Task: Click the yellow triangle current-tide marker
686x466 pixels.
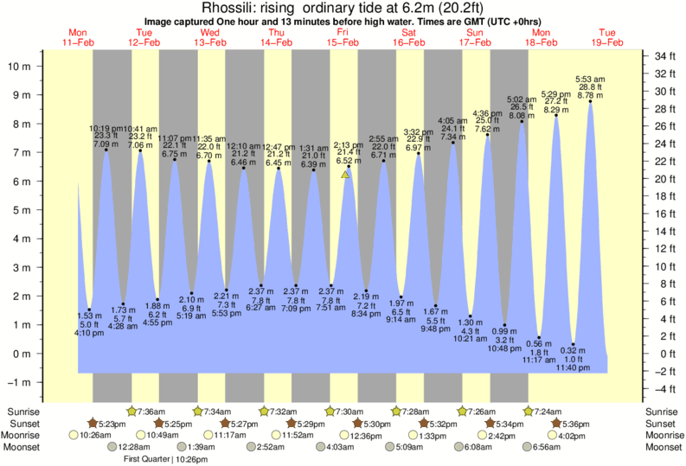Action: pos(345,174)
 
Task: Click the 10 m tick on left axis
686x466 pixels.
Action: pos(22,65)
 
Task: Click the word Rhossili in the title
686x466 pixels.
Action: pos(228,8)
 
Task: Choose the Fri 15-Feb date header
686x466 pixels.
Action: pos(343,36)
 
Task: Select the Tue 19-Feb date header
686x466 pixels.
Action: pos(607,36)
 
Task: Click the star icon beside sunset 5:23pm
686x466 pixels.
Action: pos(93,424)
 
